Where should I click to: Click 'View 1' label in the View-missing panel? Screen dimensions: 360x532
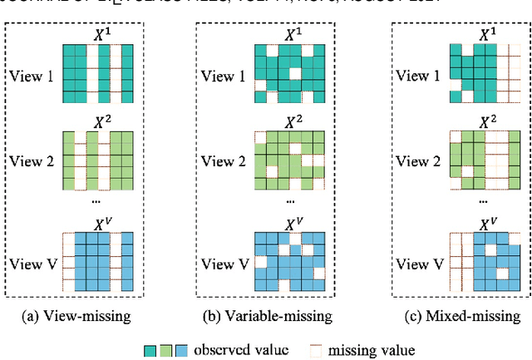click(x=32, y=76)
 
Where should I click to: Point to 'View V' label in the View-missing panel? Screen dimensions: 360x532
click(x=32, y=264)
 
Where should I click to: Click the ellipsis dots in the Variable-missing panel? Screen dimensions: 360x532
click(x=289, y=200)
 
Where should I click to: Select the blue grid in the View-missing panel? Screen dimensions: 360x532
click(x=98, y=264)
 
